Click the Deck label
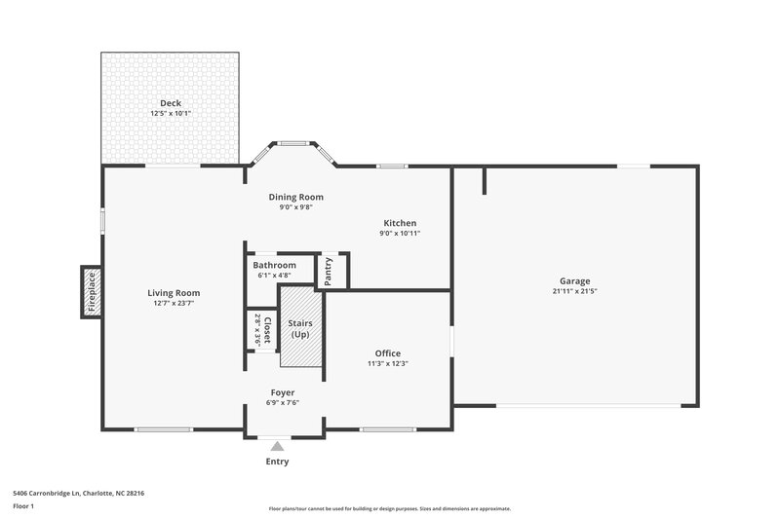(x=171, y=103)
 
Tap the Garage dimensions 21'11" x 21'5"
(x=574, y=291)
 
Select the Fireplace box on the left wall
(x=91, y=292)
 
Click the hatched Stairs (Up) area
(x=300, y=327)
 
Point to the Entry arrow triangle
(x=277, y=446)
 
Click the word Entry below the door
(x=277, y=462)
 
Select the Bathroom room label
(x=274, y=265)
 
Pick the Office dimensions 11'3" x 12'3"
(x=387, y=364)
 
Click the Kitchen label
(x=400, y=223)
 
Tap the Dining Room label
(x=295, y=197)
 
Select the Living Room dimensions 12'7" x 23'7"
(x=174, y=304)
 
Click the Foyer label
(x=282, y=392)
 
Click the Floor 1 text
(x=24, y=507)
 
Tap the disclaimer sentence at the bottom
(x=389, y=508)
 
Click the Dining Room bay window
(x=292, y=145)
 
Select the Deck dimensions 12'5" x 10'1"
(x=171, y=114)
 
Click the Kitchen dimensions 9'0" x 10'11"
(x=400, y=234)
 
